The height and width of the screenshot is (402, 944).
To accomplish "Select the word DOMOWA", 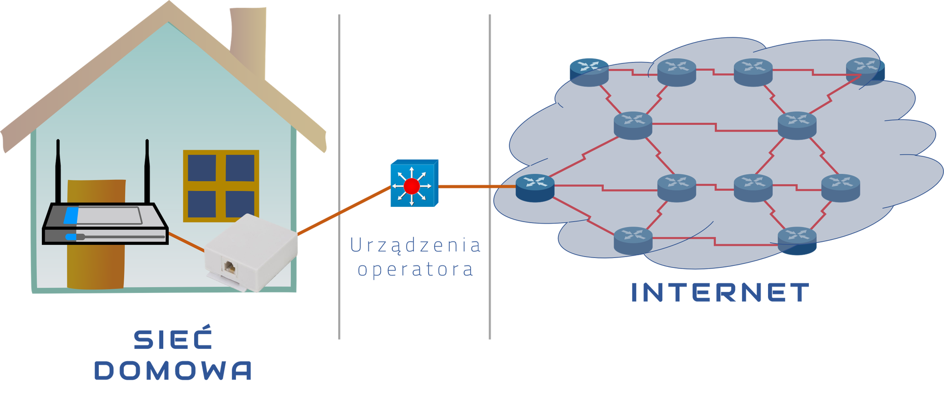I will tap(173, 371).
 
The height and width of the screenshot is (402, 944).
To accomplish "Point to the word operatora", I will tap(415, 270).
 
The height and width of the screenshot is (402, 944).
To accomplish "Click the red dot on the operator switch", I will tap(412, 186).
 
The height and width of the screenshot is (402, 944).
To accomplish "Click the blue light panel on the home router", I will tap(71, 215).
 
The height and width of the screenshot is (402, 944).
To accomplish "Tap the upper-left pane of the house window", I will tap(202, 168).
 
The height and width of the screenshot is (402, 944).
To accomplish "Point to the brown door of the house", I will tap(96, 260).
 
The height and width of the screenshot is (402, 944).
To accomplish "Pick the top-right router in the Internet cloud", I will tap(865, 71).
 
